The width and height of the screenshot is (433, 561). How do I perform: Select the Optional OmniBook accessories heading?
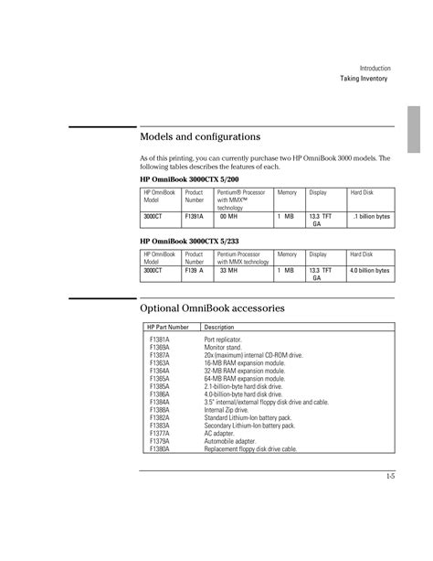point(213,307)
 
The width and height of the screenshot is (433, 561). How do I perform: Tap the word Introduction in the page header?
point(375,68)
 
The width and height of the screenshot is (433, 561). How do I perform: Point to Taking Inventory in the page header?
point(364,79)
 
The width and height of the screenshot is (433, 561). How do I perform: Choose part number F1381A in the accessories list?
point(160,339)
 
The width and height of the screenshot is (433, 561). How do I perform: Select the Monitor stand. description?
point(224,347)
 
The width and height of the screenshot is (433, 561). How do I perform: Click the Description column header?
point(220,327)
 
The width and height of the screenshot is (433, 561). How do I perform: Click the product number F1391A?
point(195,216)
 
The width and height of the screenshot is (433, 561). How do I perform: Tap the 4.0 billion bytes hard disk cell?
point(370,271)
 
